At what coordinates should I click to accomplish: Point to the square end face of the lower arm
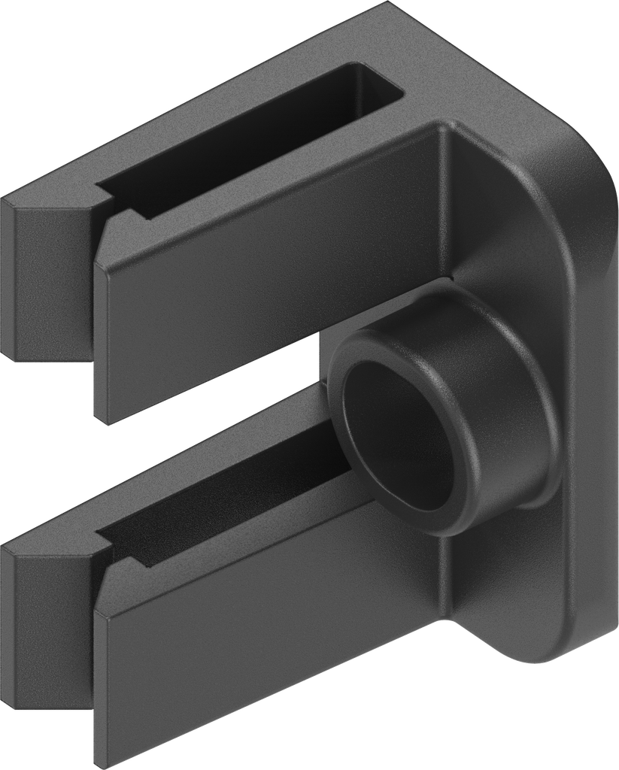(x=45, y=624)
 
